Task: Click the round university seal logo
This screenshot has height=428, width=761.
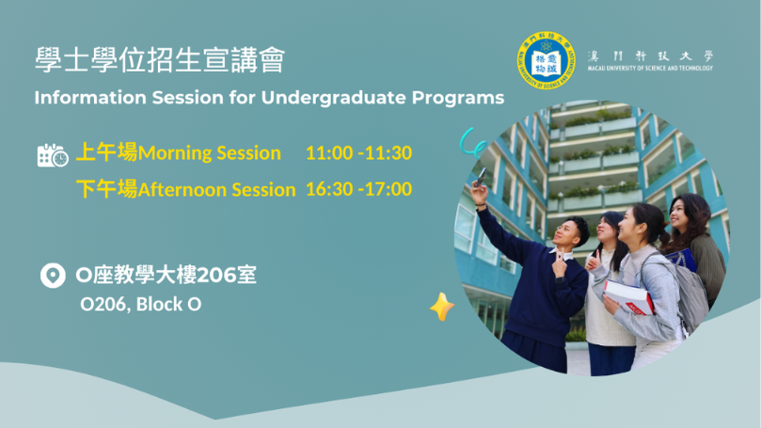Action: click(546, 60)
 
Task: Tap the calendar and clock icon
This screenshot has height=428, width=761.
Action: click(53, 155)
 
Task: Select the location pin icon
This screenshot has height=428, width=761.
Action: click(53, 276)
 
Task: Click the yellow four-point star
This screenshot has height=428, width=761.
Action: click(442, 307)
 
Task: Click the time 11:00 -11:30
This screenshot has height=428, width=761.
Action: click(358, 152)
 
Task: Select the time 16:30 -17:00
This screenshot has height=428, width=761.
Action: click(358, 189)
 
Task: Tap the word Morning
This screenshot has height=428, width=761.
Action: click(175, 153)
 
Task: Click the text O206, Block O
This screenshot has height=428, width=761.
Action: click(141, 304)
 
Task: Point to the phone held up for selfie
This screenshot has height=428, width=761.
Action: click(481, 177)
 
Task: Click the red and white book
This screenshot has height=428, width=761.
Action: click(628, 297)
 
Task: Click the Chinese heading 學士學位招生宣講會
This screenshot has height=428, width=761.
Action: click(160, 60)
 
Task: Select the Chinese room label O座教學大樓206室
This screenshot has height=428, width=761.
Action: click(166, 275)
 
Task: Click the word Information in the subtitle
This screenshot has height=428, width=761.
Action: click(90, 98)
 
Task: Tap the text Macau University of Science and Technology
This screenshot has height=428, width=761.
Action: click(650, 69)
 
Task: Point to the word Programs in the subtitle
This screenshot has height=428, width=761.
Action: click(458, 99)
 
